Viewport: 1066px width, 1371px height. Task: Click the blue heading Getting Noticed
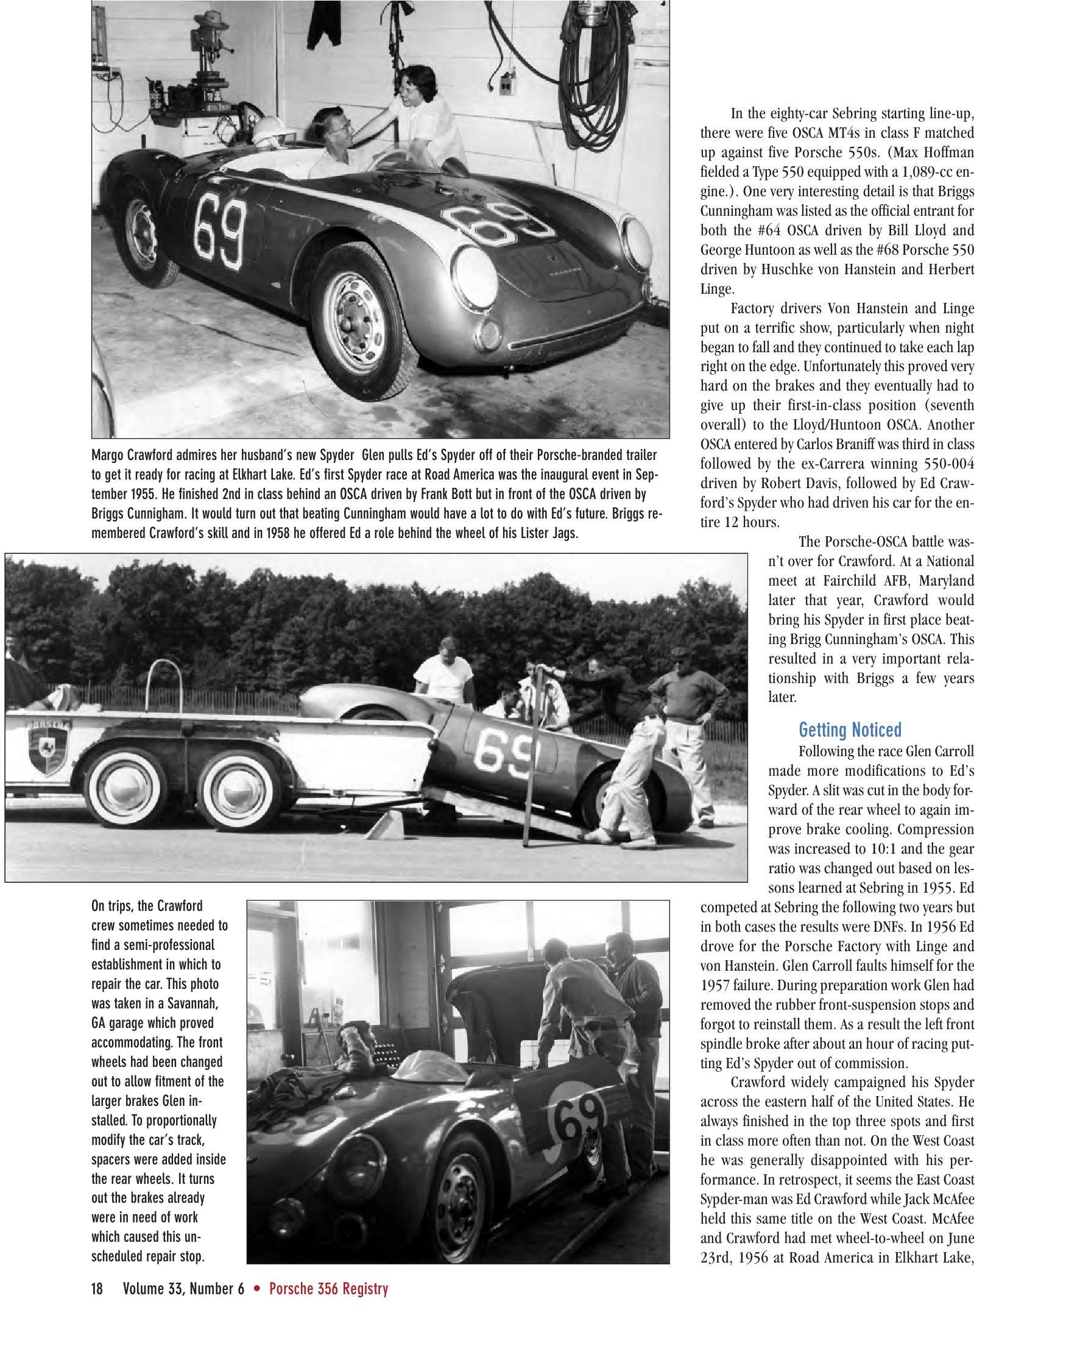click(x=850, y=730)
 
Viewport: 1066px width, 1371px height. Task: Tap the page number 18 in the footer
click(x=97, y=1289)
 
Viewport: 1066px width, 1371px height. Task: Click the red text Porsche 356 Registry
click(x=329, y=1289)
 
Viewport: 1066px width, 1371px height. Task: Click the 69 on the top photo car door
click(x=219, y=232)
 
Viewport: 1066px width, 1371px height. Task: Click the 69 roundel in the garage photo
click(x=577, y=1125)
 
